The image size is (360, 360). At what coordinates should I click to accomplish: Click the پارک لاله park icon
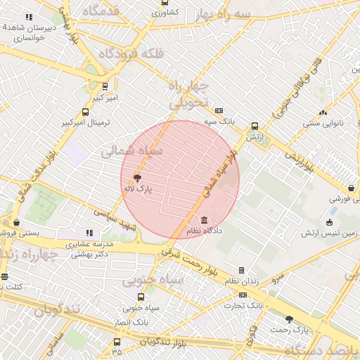pos(136,178)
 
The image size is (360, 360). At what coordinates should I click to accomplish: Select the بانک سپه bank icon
pos(219,110)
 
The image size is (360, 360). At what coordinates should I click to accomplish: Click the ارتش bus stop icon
pos(255,127)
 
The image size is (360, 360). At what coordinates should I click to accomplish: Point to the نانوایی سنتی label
pos(322,123)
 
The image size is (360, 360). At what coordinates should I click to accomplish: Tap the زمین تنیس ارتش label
pos(329,233)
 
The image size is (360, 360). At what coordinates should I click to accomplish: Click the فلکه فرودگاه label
pos(131,54)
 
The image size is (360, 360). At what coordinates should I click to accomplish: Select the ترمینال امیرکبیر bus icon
pos(86,112)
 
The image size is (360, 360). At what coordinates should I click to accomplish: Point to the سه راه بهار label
pos(243,14)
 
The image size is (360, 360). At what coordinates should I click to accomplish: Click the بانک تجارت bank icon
pos(243,295)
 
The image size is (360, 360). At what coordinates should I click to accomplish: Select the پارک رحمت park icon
pos(289,319)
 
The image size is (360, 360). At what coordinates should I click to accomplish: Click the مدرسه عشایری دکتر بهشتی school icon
pos(89,233)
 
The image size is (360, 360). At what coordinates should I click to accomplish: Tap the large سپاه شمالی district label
pos(131,150)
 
